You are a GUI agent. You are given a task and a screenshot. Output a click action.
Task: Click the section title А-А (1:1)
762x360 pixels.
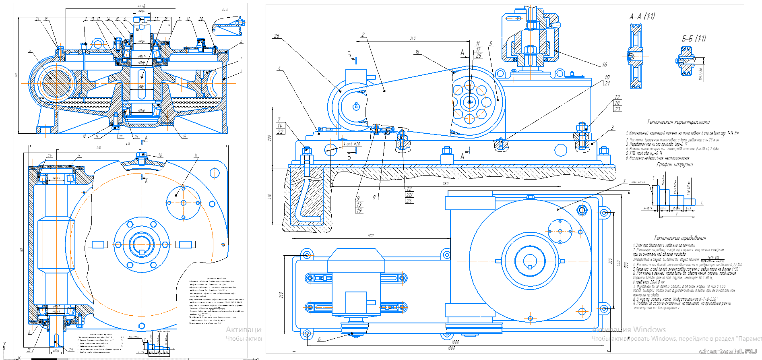(x=642, y=17)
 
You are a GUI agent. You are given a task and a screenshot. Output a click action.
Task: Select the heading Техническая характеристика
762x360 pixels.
(x=678, y=122)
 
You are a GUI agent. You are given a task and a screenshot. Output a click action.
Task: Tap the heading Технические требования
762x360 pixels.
(x=680, y=238)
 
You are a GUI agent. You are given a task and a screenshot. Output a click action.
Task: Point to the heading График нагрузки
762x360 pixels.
(x=675, y=165)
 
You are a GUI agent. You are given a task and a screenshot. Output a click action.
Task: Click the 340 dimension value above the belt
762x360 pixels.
(x=413, y=38)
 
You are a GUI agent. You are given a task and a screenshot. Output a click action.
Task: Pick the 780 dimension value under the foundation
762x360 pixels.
(x=445, y=184)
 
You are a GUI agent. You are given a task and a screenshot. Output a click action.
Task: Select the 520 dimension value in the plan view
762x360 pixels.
(x=370, y=236)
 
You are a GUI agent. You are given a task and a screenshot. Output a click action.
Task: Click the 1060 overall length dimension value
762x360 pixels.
(x=451, y=348)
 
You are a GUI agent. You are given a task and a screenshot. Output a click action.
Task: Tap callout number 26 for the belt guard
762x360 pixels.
(x=276, y=36)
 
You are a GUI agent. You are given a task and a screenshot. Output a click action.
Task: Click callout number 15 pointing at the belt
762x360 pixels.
(x=417, y=52)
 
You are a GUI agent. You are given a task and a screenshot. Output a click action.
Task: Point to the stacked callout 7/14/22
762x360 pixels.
(x=280, y=126)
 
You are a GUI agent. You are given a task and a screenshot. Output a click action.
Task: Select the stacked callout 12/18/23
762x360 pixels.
(x=617, y=103)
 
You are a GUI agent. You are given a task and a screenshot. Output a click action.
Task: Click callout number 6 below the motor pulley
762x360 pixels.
(x=319, y=339)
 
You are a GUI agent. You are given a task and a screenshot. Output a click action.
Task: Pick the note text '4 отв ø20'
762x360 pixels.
(x=352, y=144)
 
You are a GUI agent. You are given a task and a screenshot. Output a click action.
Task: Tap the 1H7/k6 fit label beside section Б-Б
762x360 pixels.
(x=701, y=74)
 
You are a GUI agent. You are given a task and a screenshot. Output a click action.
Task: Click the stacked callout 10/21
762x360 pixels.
(x=607, y=81)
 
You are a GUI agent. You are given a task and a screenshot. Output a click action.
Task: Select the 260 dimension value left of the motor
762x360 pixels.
(x=281, y=295)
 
